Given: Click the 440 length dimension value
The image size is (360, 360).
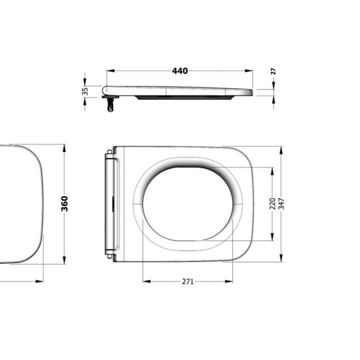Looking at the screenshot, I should (179, 71).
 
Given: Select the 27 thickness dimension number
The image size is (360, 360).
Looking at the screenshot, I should (274, 71).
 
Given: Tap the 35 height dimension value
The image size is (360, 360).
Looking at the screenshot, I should (85, 91).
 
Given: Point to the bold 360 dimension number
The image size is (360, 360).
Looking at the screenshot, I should (64, 204).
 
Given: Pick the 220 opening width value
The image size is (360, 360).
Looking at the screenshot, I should (271, 204).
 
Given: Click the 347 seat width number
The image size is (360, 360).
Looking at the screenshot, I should (281, 204).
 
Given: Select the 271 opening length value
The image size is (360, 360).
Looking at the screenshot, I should (188, 281).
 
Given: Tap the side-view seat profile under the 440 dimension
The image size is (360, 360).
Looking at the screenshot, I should (177, 91).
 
